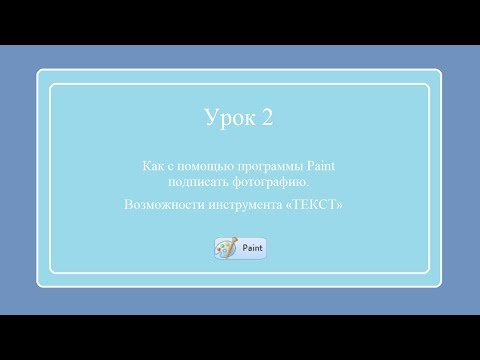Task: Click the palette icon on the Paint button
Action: click(x=227, y=248)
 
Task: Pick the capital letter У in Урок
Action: click(x=210, y=119)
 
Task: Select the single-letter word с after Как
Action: click(x=169, y=167)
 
